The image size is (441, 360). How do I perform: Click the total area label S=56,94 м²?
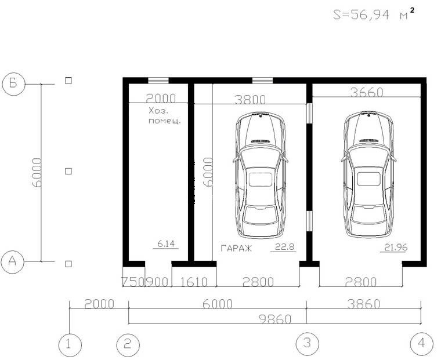[374, 14]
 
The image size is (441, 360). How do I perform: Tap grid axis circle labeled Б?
[13, 83]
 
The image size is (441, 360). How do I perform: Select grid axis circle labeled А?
[12, 261]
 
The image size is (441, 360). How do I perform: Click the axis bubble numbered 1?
[70, 345]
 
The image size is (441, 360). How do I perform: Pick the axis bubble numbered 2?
[128, 344]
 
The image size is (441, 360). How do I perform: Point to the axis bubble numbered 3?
[308, 343]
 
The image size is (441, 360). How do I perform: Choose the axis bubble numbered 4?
[422, 343]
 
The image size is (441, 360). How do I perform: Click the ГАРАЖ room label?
[236, 248]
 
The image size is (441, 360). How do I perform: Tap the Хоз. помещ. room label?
[165, 116]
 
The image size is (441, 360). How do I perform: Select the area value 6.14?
[166, 244]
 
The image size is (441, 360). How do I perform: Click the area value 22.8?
[284, 247]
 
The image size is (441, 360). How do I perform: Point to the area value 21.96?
[396, 248]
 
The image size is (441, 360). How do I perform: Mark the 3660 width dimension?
[367, 92]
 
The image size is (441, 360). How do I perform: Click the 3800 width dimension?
[250, 100]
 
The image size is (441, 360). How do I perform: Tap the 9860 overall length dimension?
[275, 319]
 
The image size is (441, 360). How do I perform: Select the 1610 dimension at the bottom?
[194, 282]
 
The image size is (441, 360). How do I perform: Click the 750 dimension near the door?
[133, 282]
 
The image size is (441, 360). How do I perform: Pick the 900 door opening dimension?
[157, 282]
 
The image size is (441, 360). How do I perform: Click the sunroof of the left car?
[261, 180]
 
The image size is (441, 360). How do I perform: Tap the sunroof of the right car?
[368, 179]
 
